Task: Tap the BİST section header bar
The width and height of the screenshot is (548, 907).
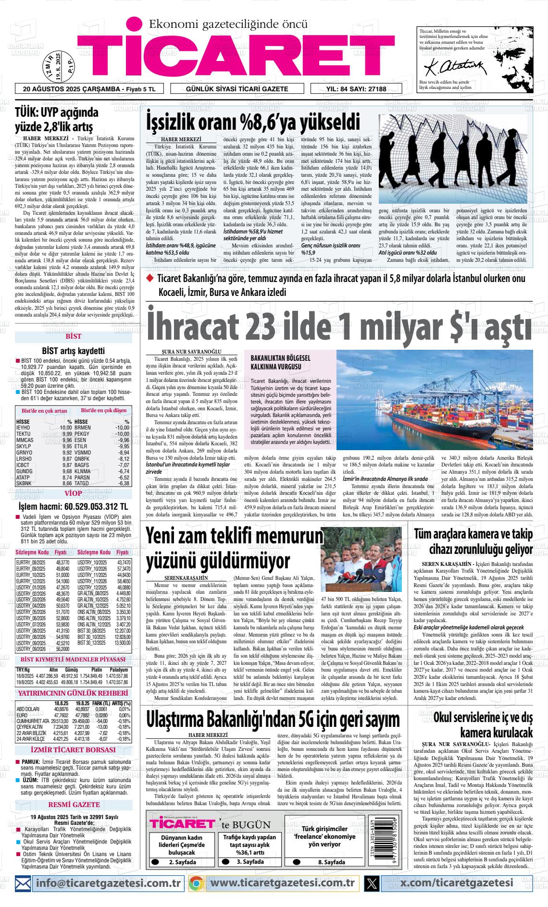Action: [x=74, y=336]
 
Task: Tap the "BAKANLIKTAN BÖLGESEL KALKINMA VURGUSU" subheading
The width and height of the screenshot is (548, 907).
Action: [x=281, y=362]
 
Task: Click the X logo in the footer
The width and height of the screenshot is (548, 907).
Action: [x=372, y=882]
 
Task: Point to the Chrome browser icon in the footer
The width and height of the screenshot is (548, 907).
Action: [x=196, y=882]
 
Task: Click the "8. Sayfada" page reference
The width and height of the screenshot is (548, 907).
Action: [x=331, y=862]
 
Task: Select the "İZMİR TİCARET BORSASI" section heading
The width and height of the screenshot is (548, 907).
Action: [x=73, y=749]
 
